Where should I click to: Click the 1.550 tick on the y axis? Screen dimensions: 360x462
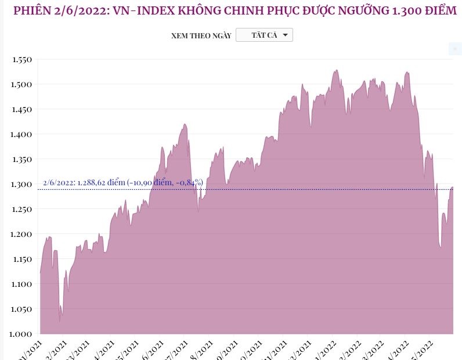[x=21, y=59]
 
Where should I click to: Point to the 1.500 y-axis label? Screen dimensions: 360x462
[x=21, y=84]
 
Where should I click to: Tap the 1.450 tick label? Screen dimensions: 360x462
[x=21, y=109]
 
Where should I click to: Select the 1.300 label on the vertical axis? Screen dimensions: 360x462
[x=21, y=184]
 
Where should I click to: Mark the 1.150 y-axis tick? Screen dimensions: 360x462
[x=21, y=259]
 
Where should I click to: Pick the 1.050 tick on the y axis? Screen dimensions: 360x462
[x=21, y=309]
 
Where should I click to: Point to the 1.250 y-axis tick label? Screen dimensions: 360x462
[x=21, y=209]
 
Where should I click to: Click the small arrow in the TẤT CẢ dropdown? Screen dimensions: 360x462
[x=285, y=35]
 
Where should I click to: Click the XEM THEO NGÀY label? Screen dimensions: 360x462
[x=201, y=36]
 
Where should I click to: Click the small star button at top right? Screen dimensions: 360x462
[x=455, y=49]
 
